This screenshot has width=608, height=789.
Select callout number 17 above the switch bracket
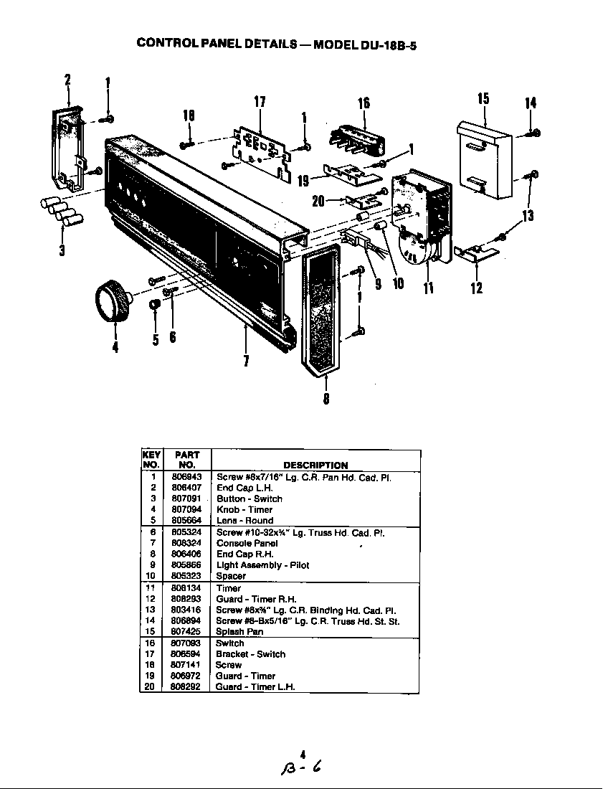pyautogui.click(x=260, y=102)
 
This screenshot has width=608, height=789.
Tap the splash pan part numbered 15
pyautogui.click(x=485, y=159)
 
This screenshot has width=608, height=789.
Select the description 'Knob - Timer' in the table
pyautogui.click(x=244, y=510)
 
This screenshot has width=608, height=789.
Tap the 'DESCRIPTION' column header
pyautogui.click(x=315, y=465)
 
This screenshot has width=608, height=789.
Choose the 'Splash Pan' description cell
pyautogui.click(x=239, y=632)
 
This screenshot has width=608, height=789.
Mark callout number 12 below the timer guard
pyautogui.click(x=477, y=288)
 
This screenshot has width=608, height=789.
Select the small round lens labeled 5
pyautogui.click(x=154, y=307)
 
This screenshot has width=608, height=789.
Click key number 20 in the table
pyautogui.click(x=151, y=686)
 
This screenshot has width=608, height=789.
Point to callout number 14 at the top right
pyautogui.click(x=531, y=103)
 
